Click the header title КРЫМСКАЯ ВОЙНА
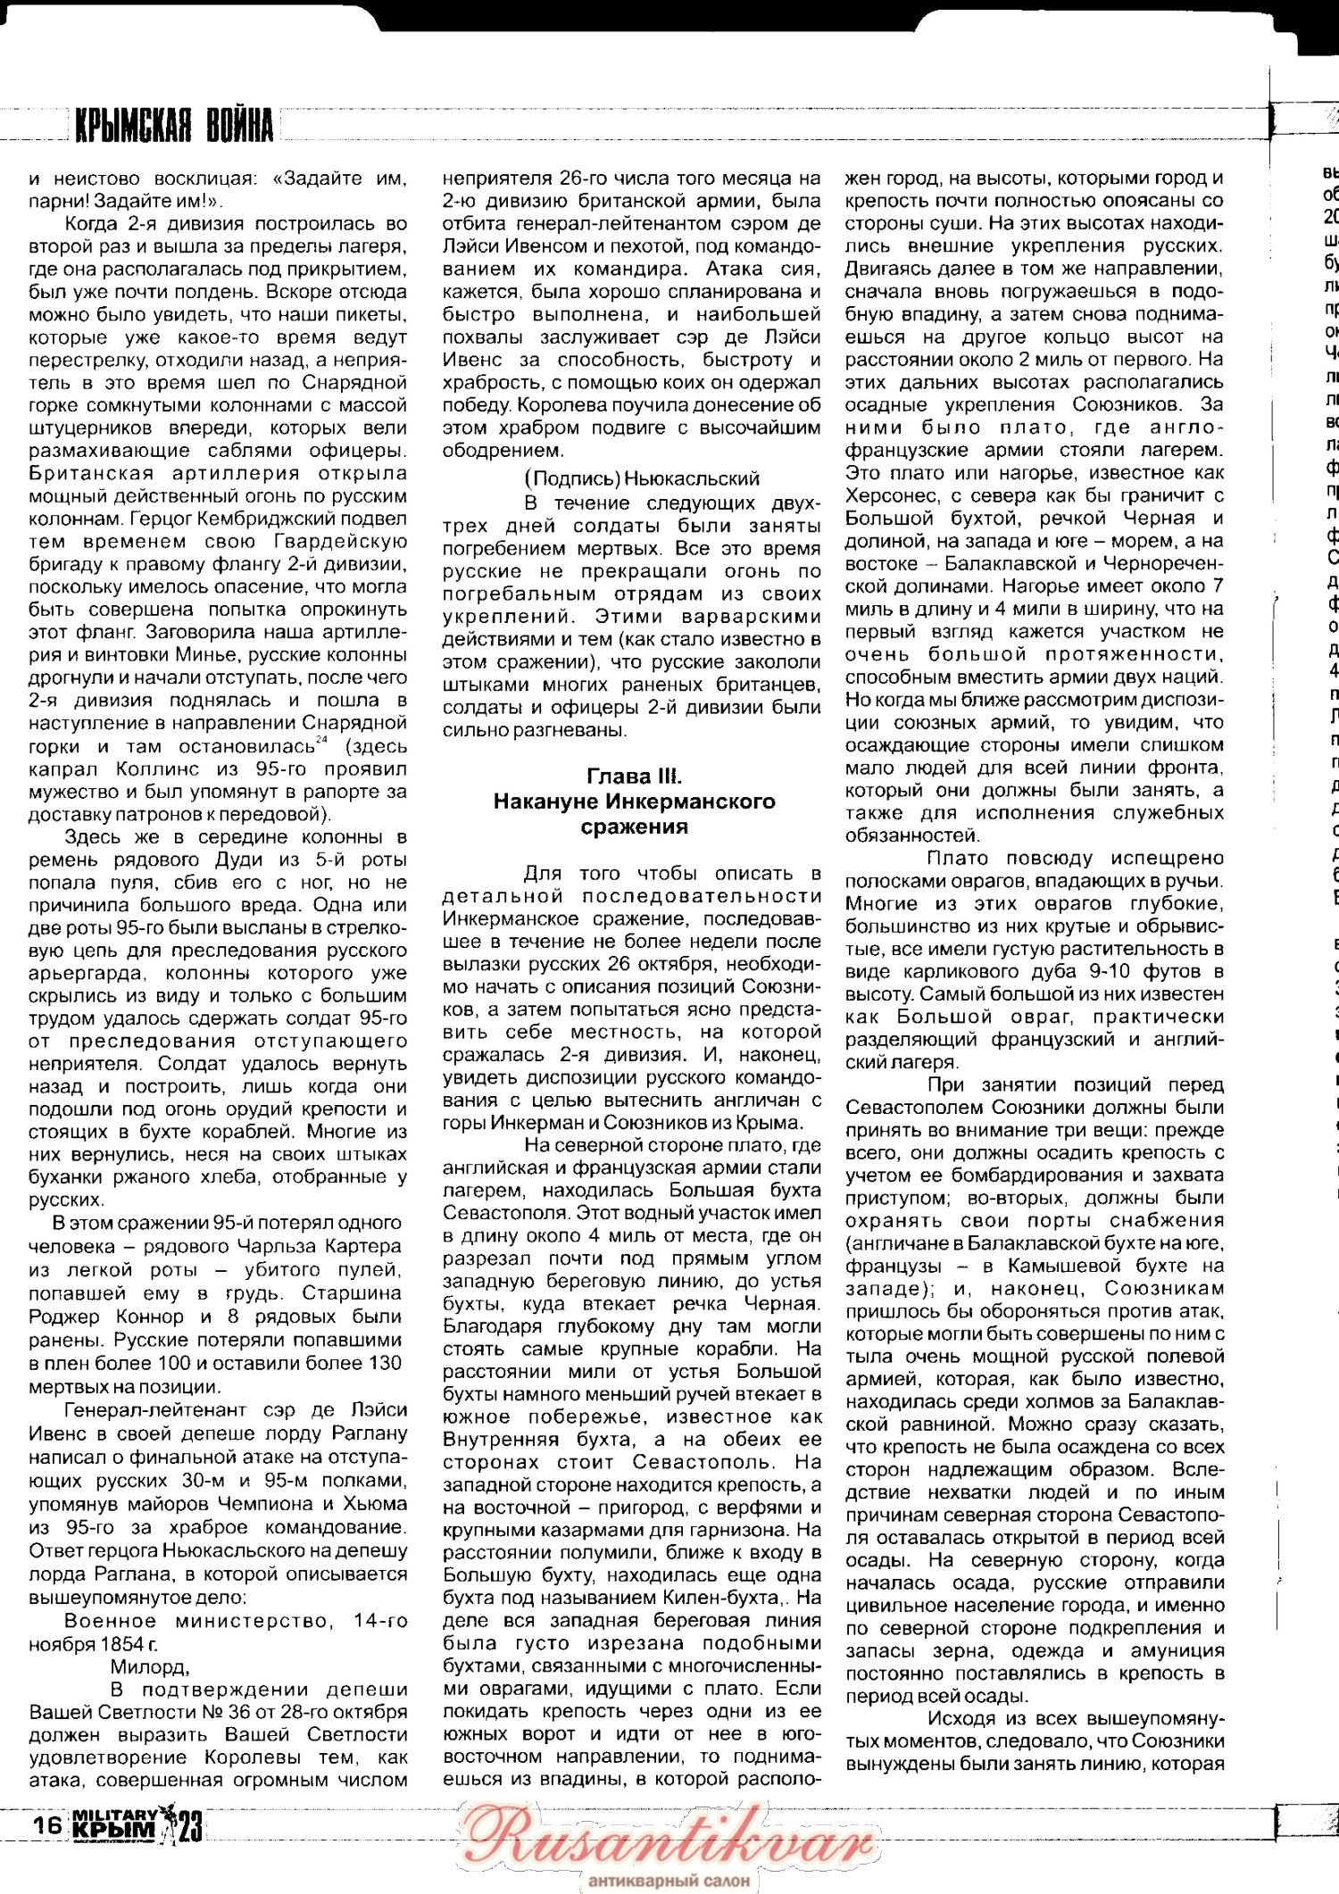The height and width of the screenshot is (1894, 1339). tap(174, 126)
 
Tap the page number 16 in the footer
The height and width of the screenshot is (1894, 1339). tap(46, 1823)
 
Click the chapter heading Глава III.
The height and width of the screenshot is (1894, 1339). tap(634, 776)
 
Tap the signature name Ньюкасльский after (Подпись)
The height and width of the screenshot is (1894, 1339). tap(692, 478)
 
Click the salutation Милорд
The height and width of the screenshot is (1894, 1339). tap(148, 1666)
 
